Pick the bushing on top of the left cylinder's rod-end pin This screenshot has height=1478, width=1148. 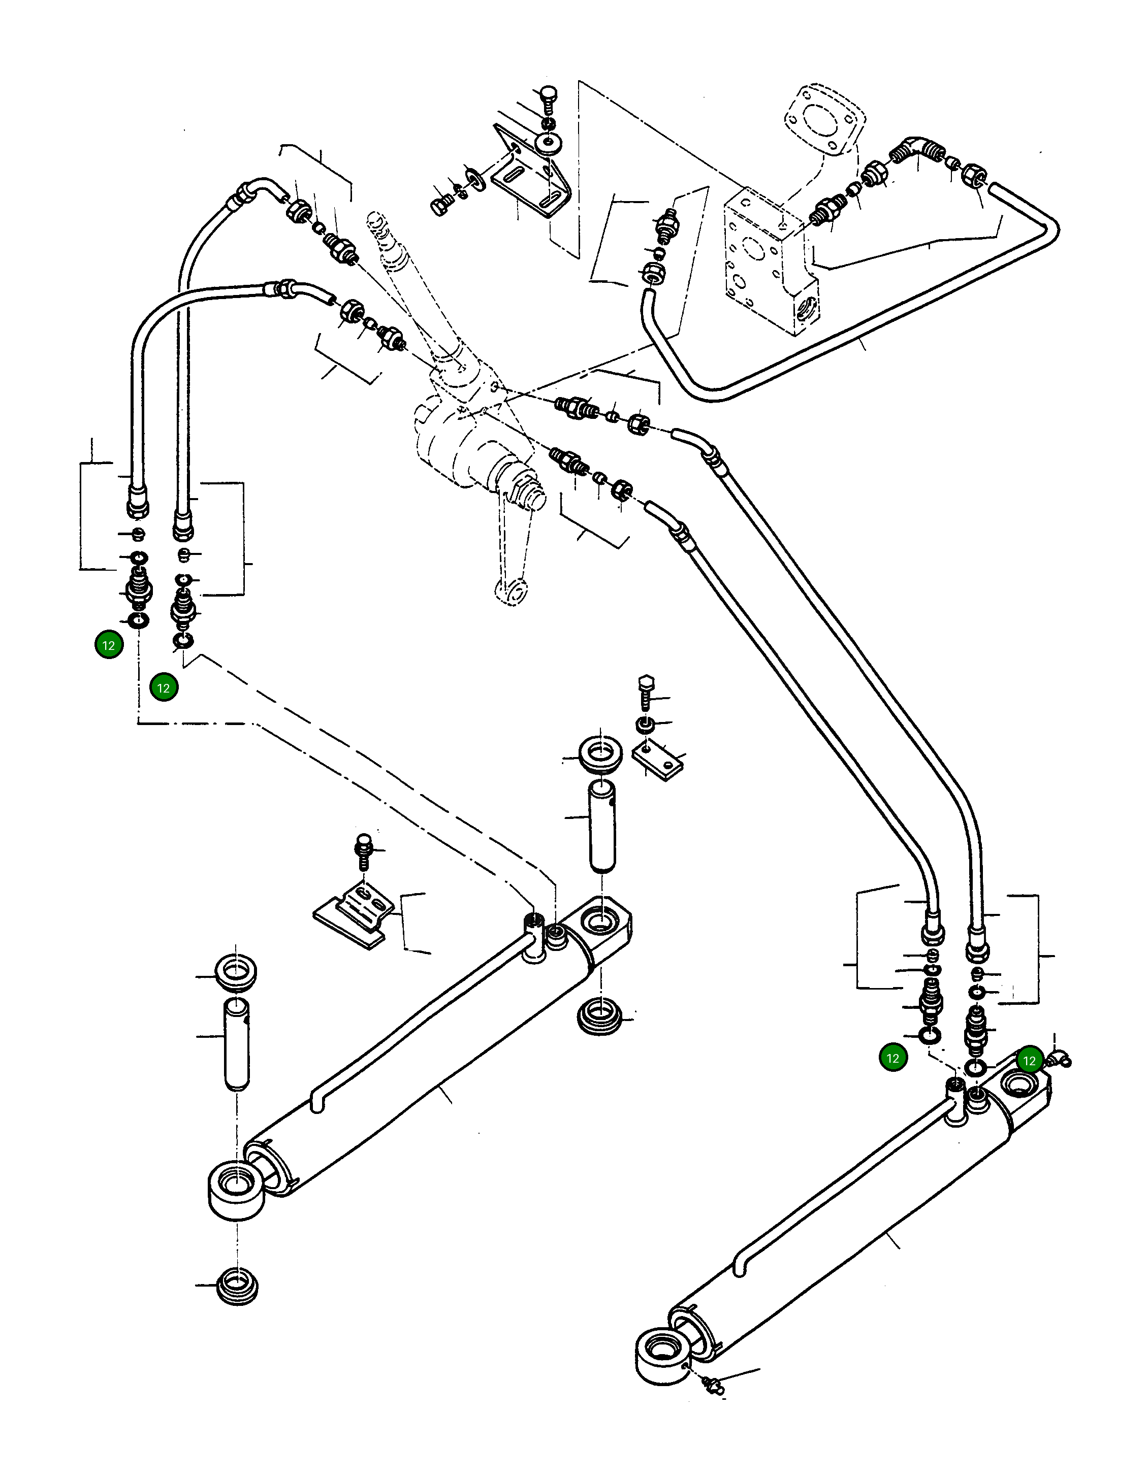pos(235,974)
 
